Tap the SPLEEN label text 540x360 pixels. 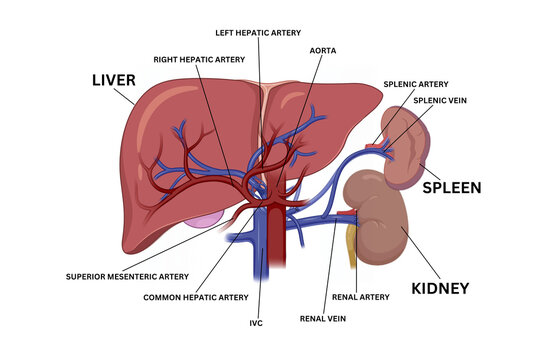pyautogui.click(x=451, y=187)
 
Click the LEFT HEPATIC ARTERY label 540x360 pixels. pyautogui.click(x=259, y=32)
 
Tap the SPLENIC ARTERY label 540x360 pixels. pyautogui.click(x=416, y=84)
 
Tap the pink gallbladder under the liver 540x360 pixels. pyautogui.click(x=205, y=217)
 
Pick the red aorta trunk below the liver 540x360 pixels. pyautogui.click(x=278, y=250)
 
